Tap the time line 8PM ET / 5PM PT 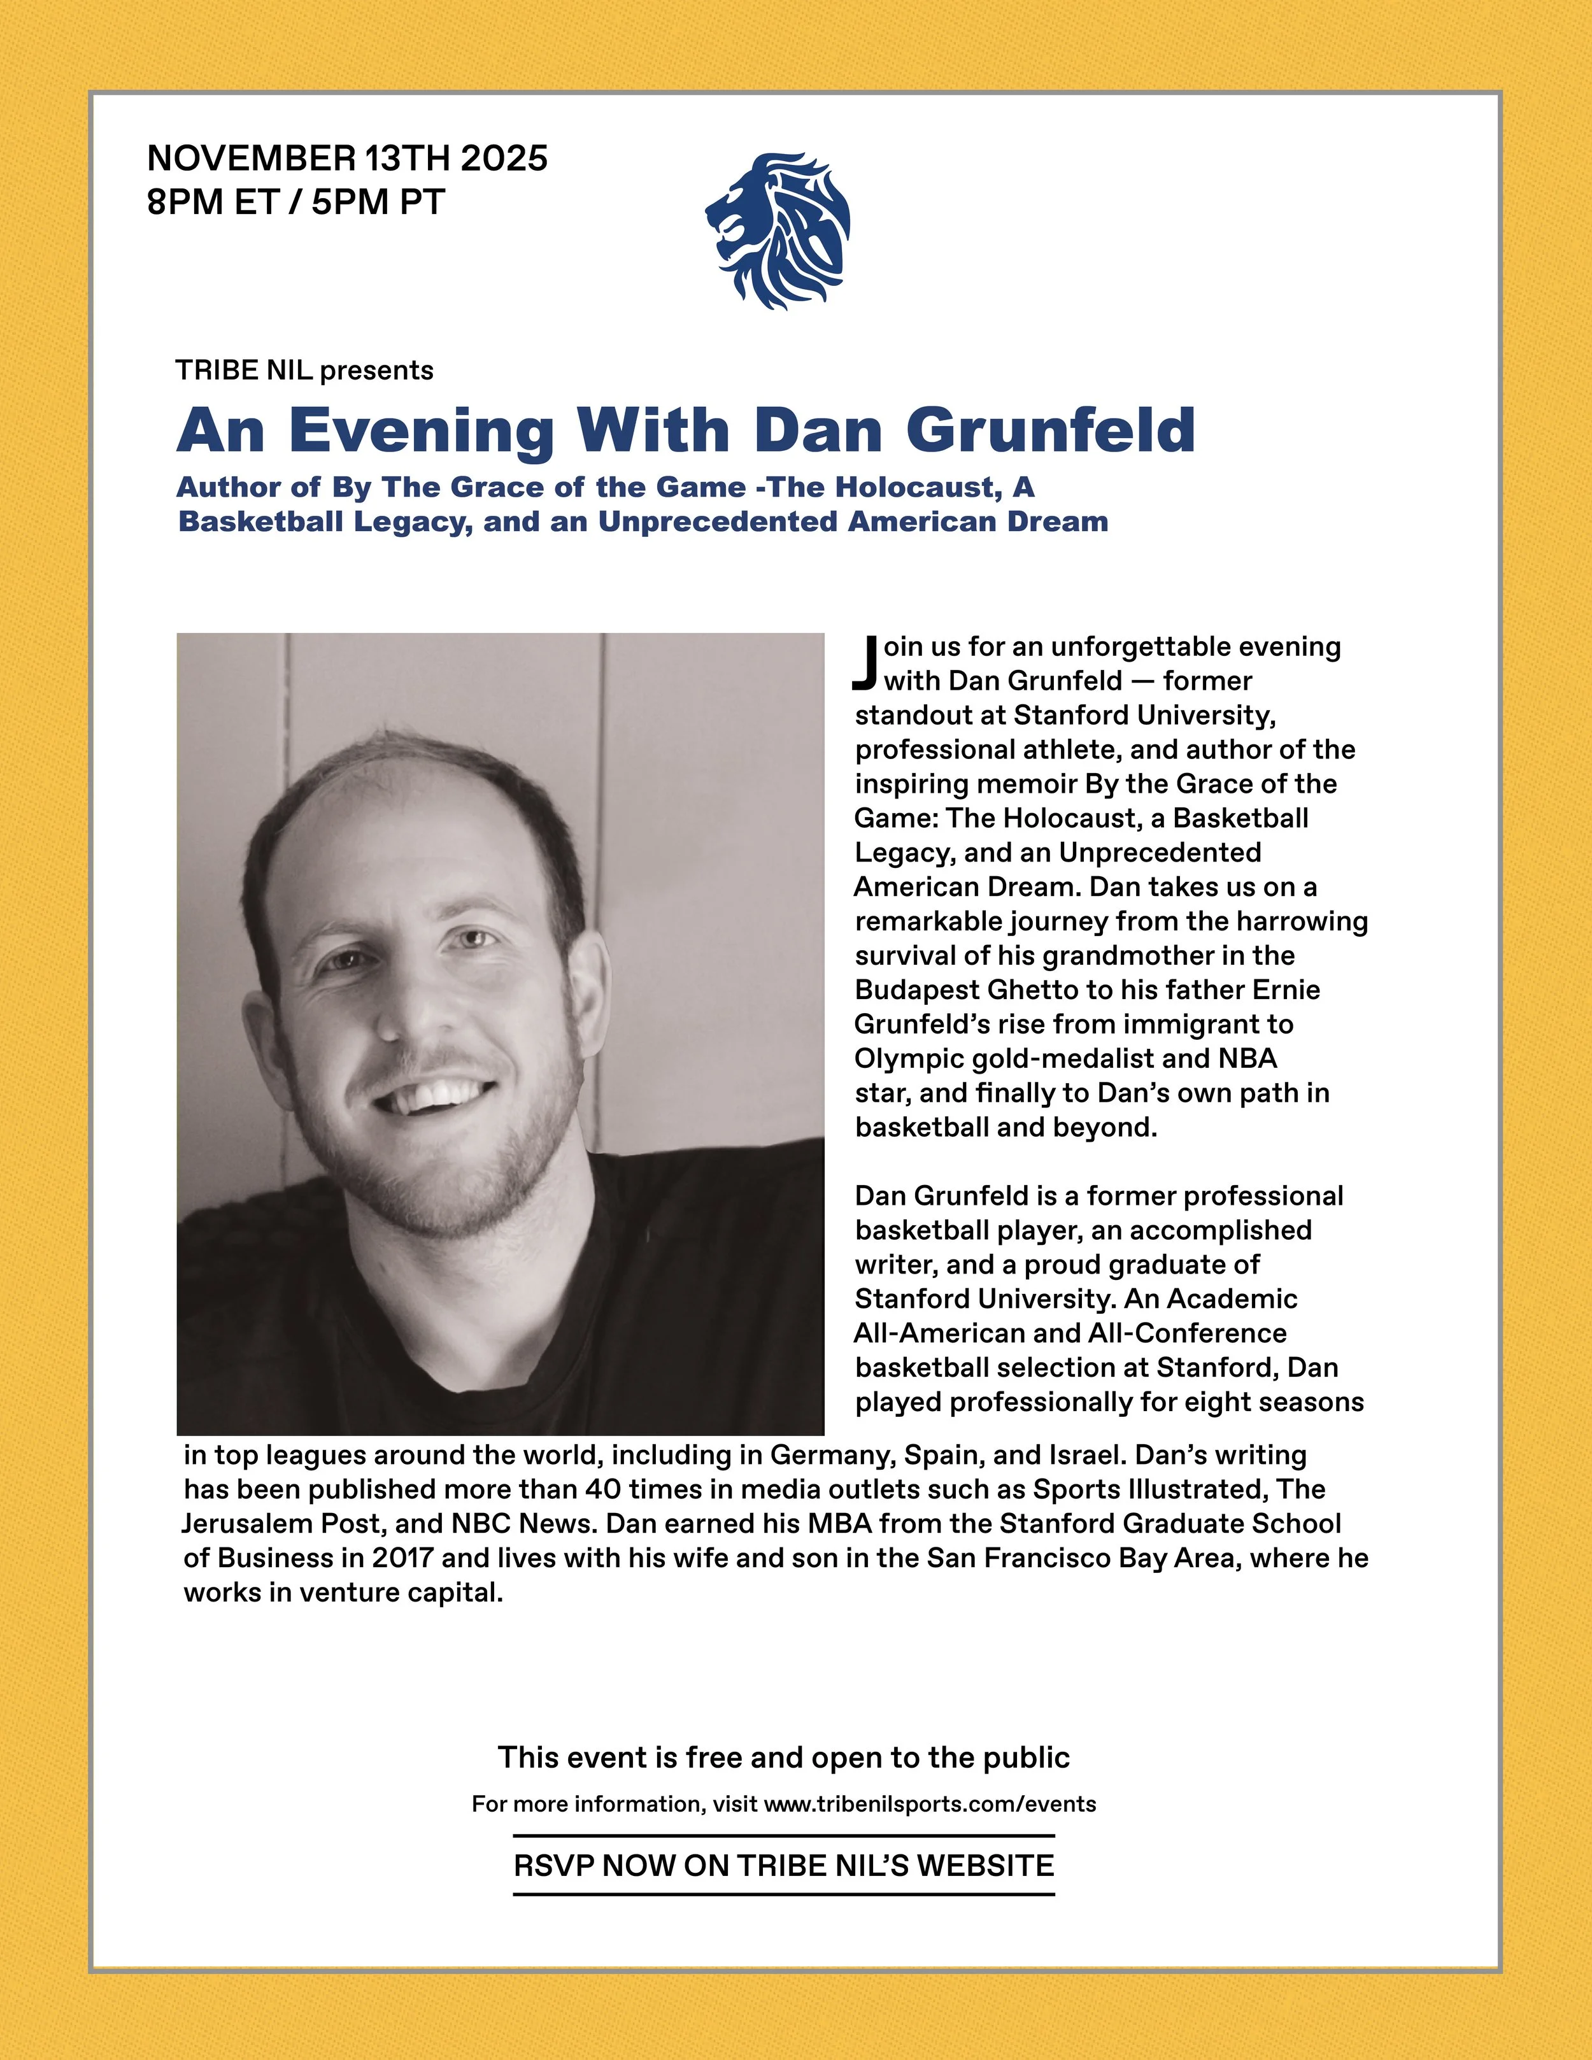click(x=295, y=202)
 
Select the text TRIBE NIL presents click(x=304, y=370)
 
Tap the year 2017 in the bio click(x=402, y=1558)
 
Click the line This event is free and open click(x=783, y=1758)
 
